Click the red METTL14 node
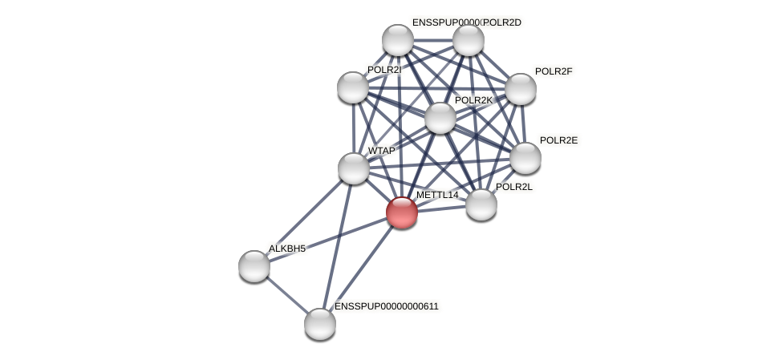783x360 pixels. tap(401, 212)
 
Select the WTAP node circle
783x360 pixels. tap(353, 168)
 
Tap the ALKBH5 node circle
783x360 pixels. tap(254, 266)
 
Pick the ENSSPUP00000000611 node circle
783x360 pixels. tap(320, 324)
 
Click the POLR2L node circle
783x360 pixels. tap(481, 204)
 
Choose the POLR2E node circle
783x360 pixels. tap(525, 158)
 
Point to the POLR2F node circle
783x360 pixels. tap(520, 89)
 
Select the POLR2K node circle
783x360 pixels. tap(440, 118)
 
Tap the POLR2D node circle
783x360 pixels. tap(469, 40)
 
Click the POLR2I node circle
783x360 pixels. tap(353, 87)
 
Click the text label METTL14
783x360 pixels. tap(437, 195)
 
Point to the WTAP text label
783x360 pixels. tap(382, 151)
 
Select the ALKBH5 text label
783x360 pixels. tap(287, 249)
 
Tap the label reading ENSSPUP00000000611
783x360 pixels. tap(387, 306)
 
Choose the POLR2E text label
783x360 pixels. tap(558, 140)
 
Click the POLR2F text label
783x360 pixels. tap(554, 71)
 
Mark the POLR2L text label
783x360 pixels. tap(514, 187)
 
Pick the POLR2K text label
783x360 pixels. tap(473, 100)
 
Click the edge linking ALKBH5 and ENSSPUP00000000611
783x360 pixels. tap(287, 295)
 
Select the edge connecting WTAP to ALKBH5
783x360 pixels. tap(304, 217)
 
